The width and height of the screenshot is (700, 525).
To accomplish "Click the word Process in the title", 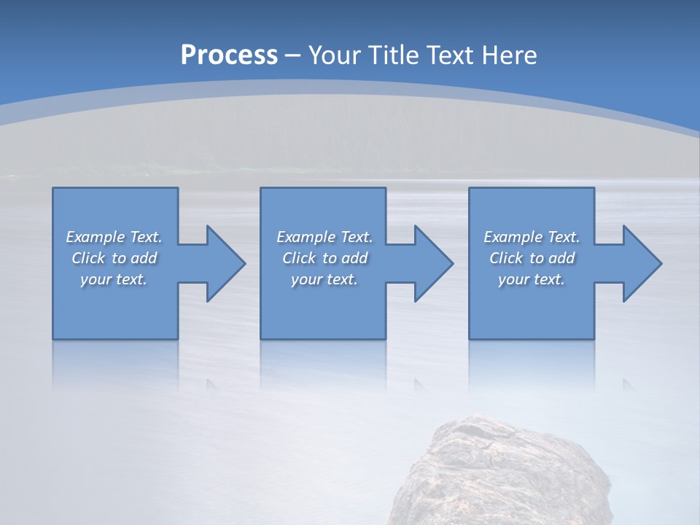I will click(x=229, y=55).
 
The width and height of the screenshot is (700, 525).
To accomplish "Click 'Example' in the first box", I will click(x=95, y=237).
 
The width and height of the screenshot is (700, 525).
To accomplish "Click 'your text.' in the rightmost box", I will click(x=531, y=279).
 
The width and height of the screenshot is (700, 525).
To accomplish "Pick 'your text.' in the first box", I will click(x=114, y=279).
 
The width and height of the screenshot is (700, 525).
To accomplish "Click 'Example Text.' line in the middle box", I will click(x=324, y=237).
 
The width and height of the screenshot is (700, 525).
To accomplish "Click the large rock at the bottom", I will click(x=503, y=474).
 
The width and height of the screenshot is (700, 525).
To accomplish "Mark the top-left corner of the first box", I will click(x=53, y=189).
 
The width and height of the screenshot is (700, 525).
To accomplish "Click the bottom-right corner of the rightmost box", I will click(x=594, y=338).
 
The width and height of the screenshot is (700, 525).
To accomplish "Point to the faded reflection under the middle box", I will click(x=323, y=365).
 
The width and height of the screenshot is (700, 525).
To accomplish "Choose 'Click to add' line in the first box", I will click(x=114, y=258).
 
